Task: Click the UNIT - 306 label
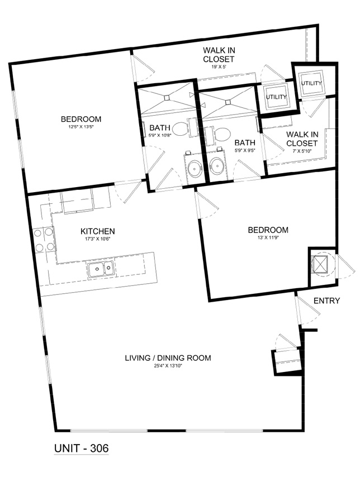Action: pyautogui.click(x=81, y=448)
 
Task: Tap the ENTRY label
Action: pyautogui.click(x=326, y=300)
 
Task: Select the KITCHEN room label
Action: pyautogui.click(x=97, y=231)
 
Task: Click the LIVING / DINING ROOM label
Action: pyautogui.click(x=168, y=357)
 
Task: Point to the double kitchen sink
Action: pyautogui.click(x=101, y=269)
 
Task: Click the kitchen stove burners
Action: pyautogui.click(x=44, y=240)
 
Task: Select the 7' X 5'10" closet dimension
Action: pyautogui.click(x=301, y=150)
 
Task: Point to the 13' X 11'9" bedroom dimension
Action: pyautogui.click(x=268, y=237)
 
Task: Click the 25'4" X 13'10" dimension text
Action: pyautogui.click(x=168, y=365)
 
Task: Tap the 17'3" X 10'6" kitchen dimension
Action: pyautogui.click(x=97, y=239)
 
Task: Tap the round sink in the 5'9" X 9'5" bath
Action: pyautogui.click(x=217, y=166)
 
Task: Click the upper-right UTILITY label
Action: pyautogui.click(x=311, y=83)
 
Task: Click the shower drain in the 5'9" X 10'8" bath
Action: pyautogui.click(x=167, y=98)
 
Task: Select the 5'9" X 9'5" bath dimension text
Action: pyautogui.click(x=245, y=150)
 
